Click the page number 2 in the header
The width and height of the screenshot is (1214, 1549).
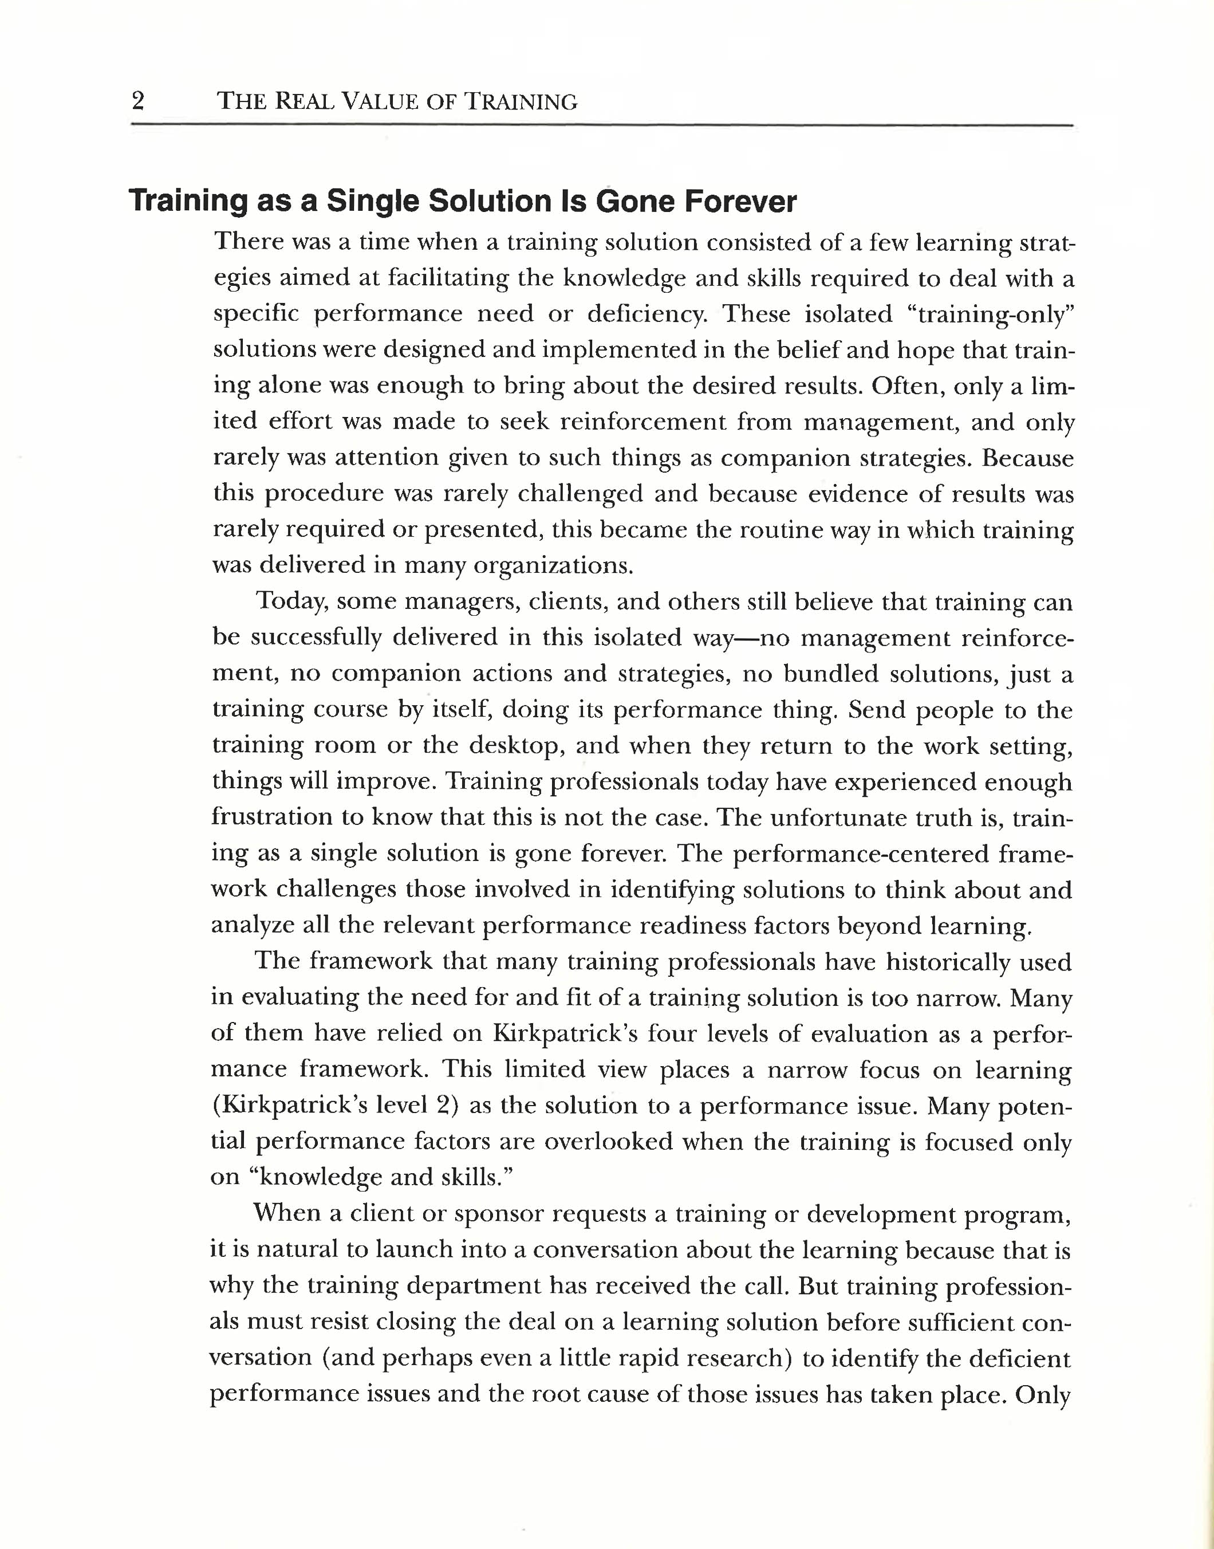pos(138,101)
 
